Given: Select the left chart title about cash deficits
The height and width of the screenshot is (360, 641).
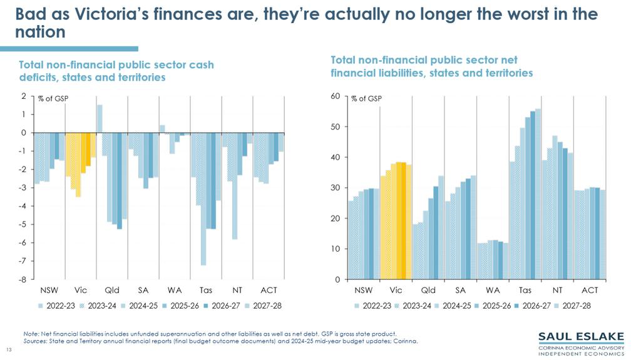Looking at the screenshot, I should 116,71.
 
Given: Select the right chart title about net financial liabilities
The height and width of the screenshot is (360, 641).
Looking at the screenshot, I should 431,66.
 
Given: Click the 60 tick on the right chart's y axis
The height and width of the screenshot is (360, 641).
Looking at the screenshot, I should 336,96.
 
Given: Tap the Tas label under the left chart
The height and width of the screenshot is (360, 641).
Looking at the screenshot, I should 206,291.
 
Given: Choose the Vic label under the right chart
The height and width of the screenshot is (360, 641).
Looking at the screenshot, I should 396,291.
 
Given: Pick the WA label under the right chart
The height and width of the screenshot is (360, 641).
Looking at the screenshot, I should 493,291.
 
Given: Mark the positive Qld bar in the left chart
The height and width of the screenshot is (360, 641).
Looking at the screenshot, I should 100,118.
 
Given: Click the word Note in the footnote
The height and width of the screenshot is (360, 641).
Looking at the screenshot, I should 29,334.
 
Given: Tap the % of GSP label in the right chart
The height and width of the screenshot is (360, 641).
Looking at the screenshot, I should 366,99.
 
